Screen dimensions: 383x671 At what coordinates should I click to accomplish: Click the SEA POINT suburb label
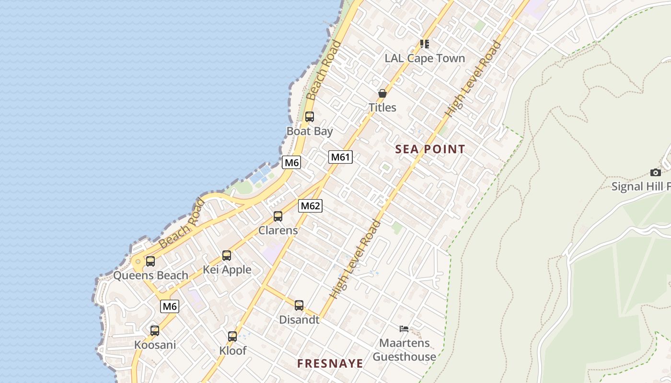(x=430, y=149)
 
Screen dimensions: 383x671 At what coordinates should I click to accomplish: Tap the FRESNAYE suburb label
(x=330, y=363)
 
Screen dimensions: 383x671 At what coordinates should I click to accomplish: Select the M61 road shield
(x=340, y=157)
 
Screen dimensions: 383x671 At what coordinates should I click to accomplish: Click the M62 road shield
(x=310, y=206)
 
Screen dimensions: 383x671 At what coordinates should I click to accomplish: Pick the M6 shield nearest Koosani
(x=170, y=306)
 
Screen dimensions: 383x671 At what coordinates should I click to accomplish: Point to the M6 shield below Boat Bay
(x=291, y=162)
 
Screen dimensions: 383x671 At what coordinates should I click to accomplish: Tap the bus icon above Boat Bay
(x=310, y=116)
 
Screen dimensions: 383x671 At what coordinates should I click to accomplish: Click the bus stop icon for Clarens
(x=278, y=216)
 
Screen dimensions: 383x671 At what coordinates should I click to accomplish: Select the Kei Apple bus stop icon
(x=227, y=256)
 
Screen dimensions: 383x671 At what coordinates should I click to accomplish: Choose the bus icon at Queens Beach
(x=150, y=261)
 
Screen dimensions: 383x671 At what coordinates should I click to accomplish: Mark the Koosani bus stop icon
(x=155, y=331)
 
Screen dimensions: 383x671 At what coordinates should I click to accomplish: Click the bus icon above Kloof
(x=232, y=337)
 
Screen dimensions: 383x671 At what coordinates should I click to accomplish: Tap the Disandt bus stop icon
(x=299, y=305)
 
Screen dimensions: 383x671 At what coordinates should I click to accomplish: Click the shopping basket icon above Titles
(x=382, y=93)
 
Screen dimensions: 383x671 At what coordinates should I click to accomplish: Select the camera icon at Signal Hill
(x=656, y=172)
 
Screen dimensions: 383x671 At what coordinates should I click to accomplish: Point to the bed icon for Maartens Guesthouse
(x=404, y=329)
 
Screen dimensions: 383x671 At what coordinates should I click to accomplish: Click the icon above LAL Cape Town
(x=424, y=44)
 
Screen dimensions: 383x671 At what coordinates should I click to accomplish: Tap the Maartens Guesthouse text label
(x=405, y=350)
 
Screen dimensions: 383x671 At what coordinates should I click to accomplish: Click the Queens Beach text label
(x=150, y=275)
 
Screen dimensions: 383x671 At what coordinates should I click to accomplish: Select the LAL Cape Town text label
(x=425, y=58)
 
